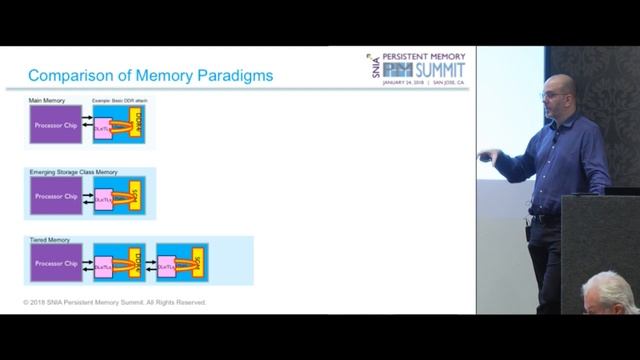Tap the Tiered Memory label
50,241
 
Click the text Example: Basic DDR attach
121,101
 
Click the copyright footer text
115,300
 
